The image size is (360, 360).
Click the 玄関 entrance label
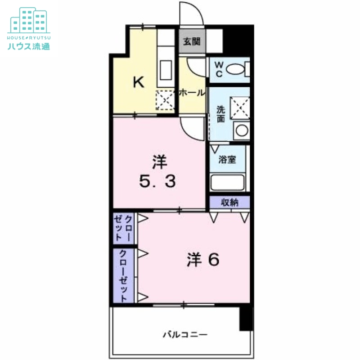tap(192, 41)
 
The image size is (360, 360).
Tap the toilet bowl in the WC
tap(235, 69)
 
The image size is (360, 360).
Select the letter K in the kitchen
tap(139, 82)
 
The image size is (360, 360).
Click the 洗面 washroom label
tap(220, 114)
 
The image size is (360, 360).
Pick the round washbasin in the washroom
tap(242, 130)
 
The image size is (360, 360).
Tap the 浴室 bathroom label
tap(227, 159)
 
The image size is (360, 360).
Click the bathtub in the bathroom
tap(228, 183)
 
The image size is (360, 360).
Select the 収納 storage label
tap(229, 202)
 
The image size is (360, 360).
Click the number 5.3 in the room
tap(157, 181)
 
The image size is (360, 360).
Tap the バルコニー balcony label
tap(185, 334)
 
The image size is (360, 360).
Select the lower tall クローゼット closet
tap(123, 276)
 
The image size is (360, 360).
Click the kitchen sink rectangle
tap(166, 70)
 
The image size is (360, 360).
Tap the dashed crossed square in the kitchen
tap(165, 100)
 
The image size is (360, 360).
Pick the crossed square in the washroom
tap(240, 108)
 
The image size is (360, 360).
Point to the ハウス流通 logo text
tap(29, 46)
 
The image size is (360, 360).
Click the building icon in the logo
tap(29, 20)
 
